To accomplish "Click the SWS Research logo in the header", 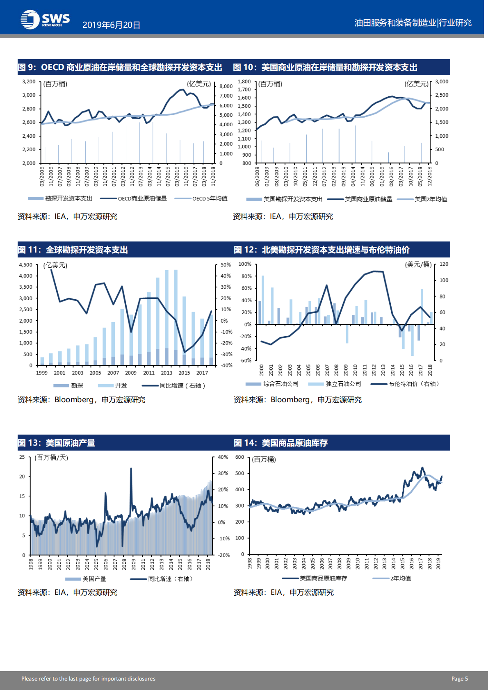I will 45,20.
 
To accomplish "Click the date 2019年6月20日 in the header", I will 111,25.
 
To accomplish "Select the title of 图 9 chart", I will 120,67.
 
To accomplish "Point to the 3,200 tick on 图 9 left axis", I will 29,82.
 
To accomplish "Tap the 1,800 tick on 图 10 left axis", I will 244,82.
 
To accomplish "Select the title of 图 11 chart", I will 73,250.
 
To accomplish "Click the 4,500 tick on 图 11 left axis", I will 25,265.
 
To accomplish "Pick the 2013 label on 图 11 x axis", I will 166,373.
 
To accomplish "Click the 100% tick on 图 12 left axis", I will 245,264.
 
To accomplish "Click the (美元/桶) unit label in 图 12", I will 418,264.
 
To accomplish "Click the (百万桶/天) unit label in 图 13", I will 51,458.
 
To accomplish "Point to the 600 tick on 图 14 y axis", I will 239,457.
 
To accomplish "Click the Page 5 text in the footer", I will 459,679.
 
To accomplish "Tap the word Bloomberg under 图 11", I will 74,400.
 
